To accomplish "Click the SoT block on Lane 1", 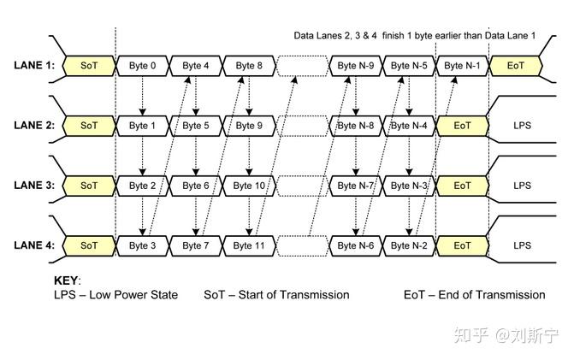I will pyautogui.click(x=89, y=66).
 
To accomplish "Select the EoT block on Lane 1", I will pyautogui.click(x=515, y=66).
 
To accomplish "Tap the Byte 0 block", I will pyautogui.click(x=143, y=66).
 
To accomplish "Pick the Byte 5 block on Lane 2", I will pyautogui.click(x=196, y=126).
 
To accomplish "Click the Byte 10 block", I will pyautogui.click(x=249, y=186).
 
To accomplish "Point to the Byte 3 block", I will pyautogui.click(x=143, y=245).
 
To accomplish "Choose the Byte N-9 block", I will pyautogui.click(x=355, y=66).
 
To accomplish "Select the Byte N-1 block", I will pyautogui.click(x=462, y=66).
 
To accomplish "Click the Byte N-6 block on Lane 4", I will pyautogui.click(x=355, y=245).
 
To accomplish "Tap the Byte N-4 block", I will pyautogui.click(x=408, y=126).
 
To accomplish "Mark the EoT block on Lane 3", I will pyautogui.click(x=462, y=186).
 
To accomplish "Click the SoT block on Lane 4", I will pyautogui.click(x=89, y=245).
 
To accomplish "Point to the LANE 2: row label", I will pyautogui.click(x=34, y=126).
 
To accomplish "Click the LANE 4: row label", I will pyautogui.click(x=34, y=245).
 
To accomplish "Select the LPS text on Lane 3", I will pyautogui.click(x=522, y=186).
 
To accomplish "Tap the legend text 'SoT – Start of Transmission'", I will pyautogui.click(x=276, y=295).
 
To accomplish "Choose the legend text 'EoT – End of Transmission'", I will pyautogui.click(x=474, y=295).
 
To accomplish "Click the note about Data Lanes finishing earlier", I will pyautogui.click(x=415, y=36).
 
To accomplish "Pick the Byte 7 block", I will pyautogui.click(x=196, y=245).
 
